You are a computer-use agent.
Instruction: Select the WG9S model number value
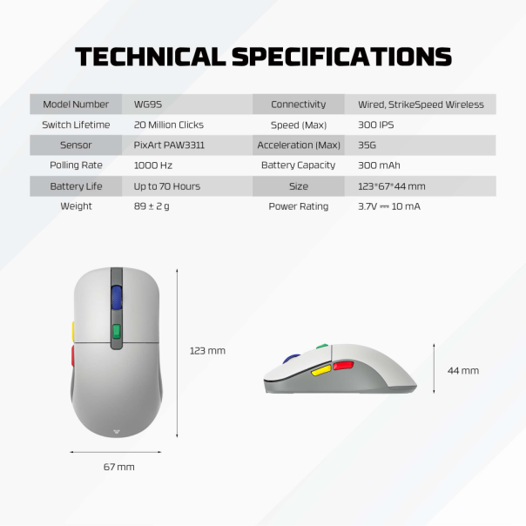pyautogui.click(x=145, y=105)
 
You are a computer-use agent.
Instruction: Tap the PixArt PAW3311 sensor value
pyautogui.click(x=169, y=145)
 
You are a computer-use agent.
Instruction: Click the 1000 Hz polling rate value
pyautogui.click(x=152, y=165)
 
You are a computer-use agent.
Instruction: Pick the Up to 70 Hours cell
pyautogui.click(x=166, y=186)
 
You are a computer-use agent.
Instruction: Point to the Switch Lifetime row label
pyautogui.click(x=76, y=125)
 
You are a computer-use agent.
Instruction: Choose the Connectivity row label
pyautogui.click(x=298, y=105)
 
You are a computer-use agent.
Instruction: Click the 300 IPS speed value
pyautogui.click(x=375, y=125)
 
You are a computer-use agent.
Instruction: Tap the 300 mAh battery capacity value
pyautogui.click(x=379, y=165)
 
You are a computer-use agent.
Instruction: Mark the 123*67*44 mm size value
pyautogui.click(x=391, y=186)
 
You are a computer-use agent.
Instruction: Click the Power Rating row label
pyautogui.click(x=298, y=206)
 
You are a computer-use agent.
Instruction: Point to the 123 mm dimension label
pyautogui.click(x=207, y=351)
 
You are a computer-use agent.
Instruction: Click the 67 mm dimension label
pyautogui.click(x=119, y=467)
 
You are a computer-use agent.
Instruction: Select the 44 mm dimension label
pyautogui.click(x=463, y=370)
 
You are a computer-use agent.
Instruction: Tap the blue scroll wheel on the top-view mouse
pyautogui.click(x=116, y=297)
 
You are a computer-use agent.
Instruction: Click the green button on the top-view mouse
pyautogui.click(x=116, y=332)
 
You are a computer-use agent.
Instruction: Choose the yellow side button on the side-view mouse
pyautogui.click(x=320, y=371)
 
